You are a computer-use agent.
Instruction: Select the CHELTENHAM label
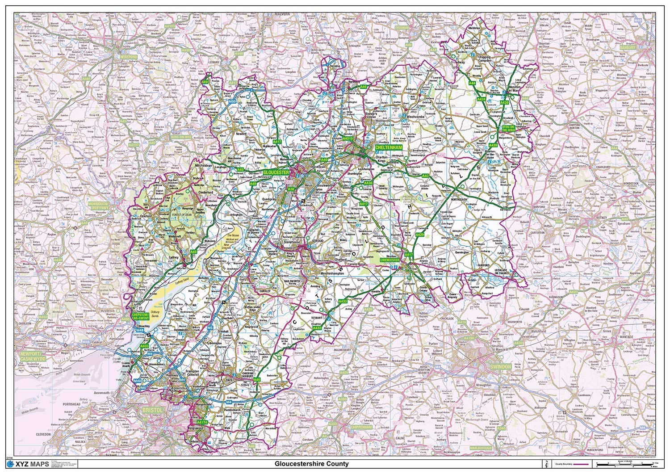[389, 147]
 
